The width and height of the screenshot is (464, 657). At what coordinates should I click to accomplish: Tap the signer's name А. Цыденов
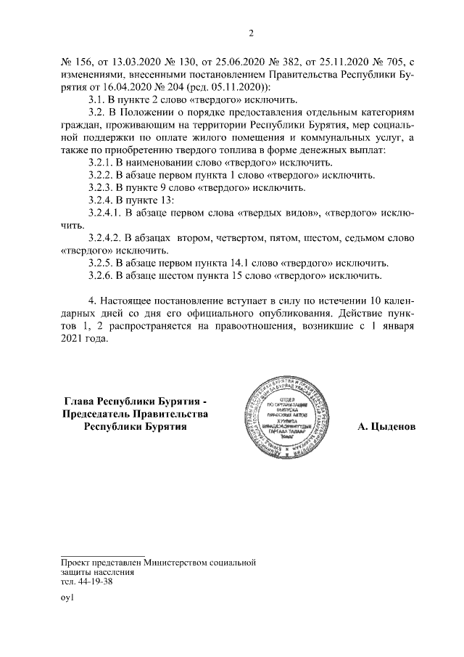tap(386, 427)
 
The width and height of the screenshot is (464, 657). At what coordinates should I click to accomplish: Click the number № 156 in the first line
tap(75, 61)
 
